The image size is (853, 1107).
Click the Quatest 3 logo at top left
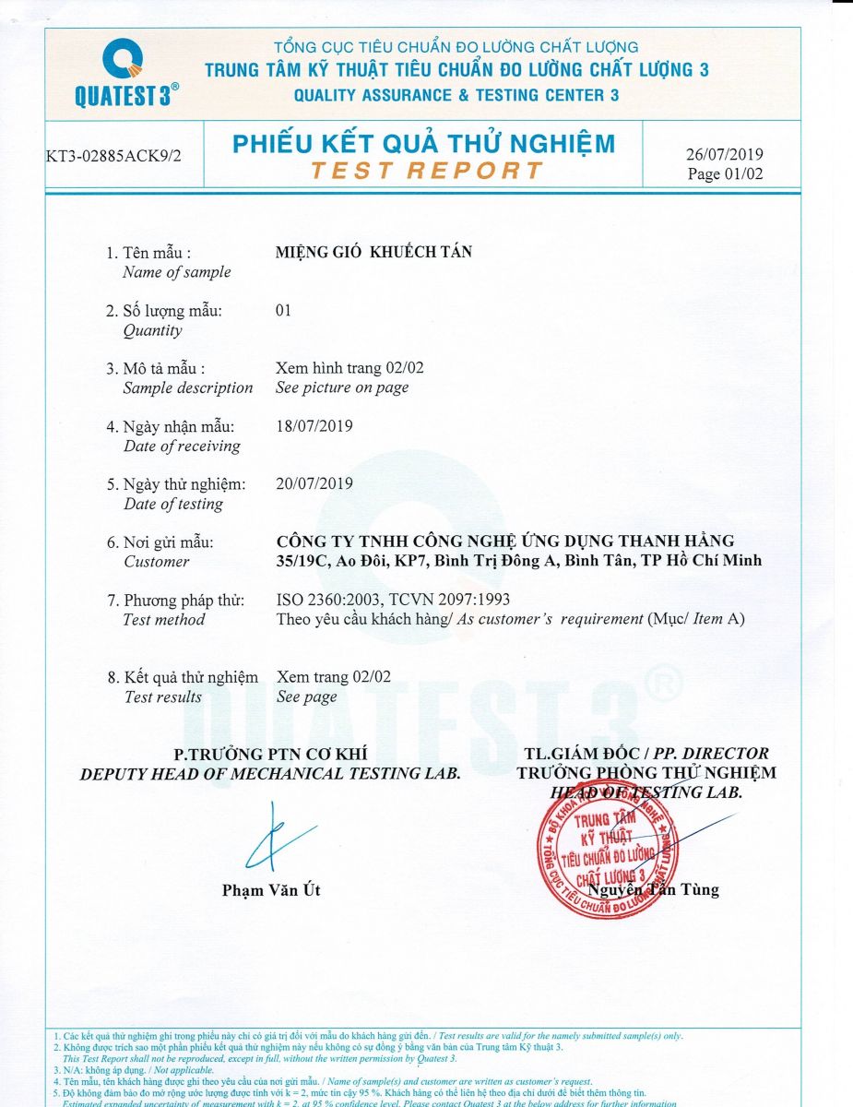tap(125, 75)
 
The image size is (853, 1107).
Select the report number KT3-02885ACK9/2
tap(113, 155)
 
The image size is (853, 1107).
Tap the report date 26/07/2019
tap(725, 155)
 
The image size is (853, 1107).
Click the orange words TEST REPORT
tap(427, 171)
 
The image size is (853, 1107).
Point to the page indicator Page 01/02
tap(725, 174)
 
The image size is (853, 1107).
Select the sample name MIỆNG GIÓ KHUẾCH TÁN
tap(373, 252)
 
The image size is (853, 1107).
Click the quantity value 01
tap(283, 310)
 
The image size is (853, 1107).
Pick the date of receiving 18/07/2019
tap(314, 426)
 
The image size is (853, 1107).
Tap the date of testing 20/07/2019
tap(314, 483)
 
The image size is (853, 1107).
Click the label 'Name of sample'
tap(176, 272)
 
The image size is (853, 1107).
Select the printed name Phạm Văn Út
tap(271, 890)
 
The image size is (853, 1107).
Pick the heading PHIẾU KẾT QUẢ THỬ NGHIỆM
tap(423, 144)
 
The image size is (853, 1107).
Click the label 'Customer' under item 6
tap(156, 562)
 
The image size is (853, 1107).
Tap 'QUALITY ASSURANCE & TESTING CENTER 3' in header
tap(456, 95)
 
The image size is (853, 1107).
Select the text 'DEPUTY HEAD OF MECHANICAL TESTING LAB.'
tap(270, 774)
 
